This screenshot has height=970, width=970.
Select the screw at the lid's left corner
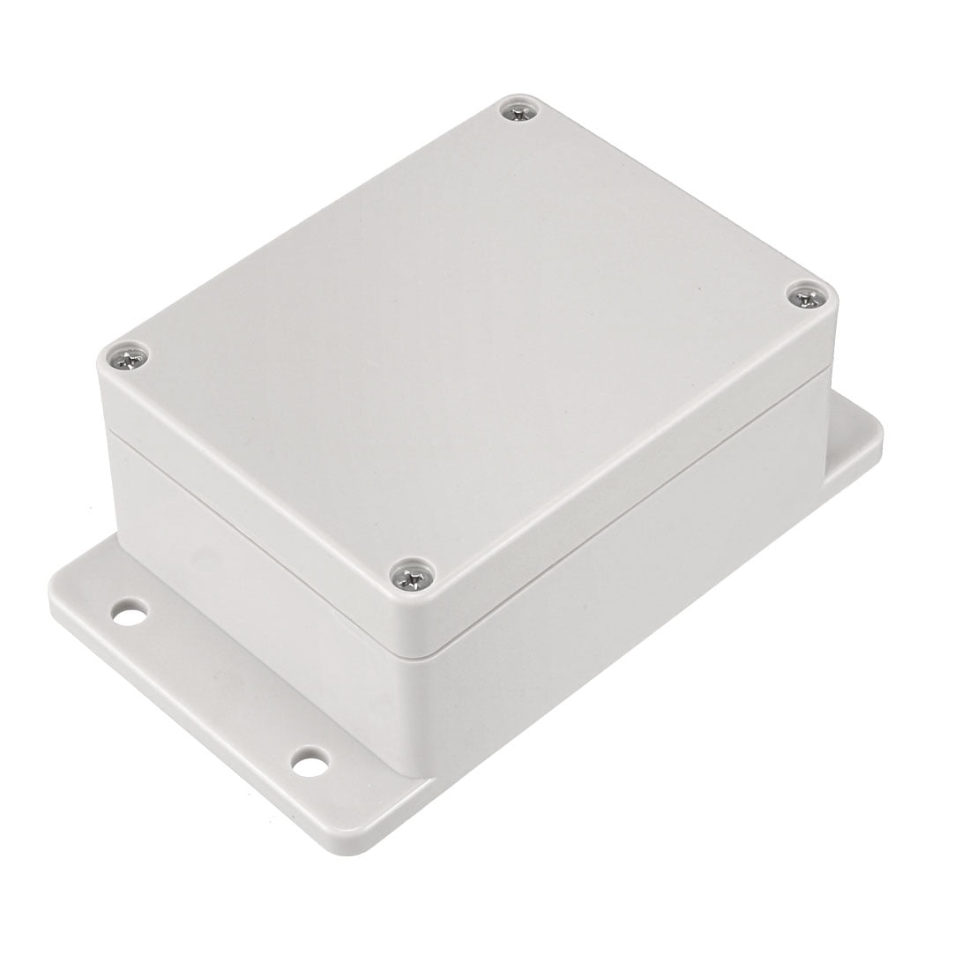(x=126, y=358)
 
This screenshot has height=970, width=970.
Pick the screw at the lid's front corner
(x=409, y=578)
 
